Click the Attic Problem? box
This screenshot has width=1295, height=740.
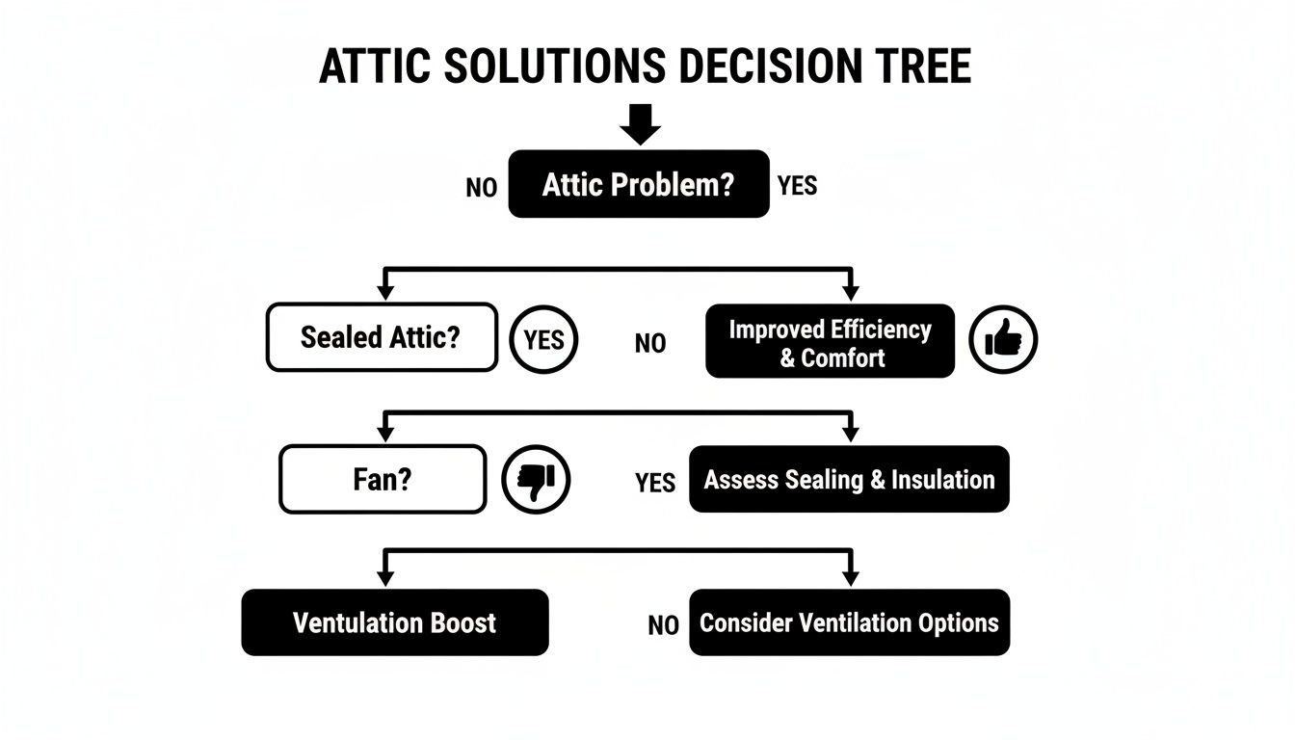tap(638, 184)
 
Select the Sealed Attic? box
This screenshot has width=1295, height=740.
tap(382, 337)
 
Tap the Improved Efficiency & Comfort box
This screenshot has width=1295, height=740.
tap(830, 342)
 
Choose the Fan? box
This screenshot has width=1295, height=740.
tap(382, 479)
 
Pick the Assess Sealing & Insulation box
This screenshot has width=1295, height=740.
tap(849, 479)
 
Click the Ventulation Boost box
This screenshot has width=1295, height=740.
tap(394, 622)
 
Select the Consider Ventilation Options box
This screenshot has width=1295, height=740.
tap(849, 622)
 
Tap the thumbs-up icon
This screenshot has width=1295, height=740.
tap(1002, 340)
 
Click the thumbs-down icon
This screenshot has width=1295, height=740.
tap(537, 479)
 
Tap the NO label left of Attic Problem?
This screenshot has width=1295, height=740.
tap(481, 188)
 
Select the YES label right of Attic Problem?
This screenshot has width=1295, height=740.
tap(797, 186)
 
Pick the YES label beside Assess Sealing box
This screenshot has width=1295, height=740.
tap(655, 483)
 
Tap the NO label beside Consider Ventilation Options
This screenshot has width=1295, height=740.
tap(663, 626)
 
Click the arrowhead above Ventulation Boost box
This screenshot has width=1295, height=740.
tap(385, 577)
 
